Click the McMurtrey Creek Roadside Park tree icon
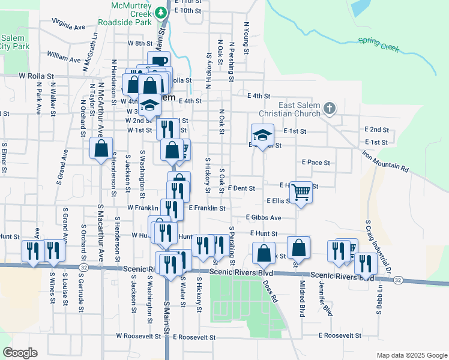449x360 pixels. pos(160,12)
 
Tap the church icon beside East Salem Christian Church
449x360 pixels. pos(328,109)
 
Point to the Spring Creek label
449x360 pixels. pos(379,46)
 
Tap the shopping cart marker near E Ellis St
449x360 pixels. pos(301,193)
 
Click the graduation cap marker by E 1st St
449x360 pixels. pos(262,135)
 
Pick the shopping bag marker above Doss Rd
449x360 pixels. pos(264,253)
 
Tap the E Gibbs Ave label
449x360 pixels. pos(264,217)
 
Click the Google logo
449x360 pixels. pos(20,353)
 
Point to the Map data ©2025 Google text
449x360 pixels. pos(411,355)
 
